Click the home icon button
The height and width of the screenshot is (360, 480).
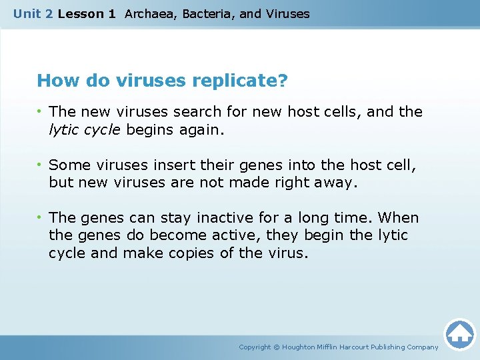[x=459, y=333]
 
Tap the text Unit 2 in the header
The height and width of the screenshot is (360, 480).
[x=33, y=13]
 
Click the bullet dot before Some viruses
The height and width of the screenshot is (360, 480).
[x=41, y=165]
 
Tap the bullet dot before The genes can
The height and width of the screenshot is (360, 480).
[x=41, y=218]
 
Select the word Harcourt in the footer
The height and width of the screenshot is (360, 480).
[x=361, y=347]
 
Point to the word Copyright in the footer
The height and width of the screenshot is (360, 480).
[x=255, y=347]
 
